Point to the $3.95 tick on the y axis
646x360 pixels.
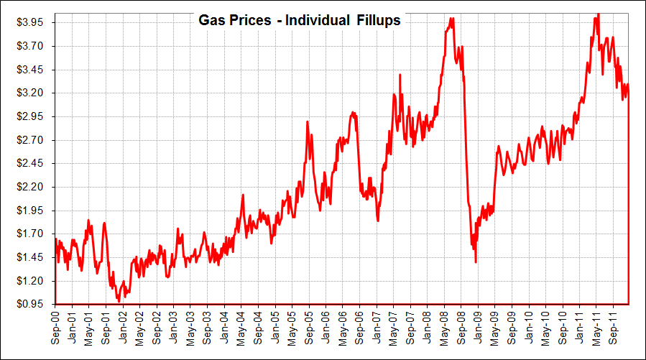pyautogui.click(x=30, y=23)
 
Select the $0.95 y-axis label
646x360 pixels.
pyautogui.click(x=30, y=304)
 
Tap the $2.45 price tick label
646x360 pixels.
pyautogui.click(x=30, y=163)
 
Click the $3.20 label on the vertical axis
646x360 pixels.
pyautogui.click(x=30, y=93)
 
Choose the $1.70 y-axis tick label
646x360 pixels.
pyautogui.click(x=30, y=234)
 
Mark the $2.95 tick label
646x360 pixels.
pyautogui.click(x=30, y=116)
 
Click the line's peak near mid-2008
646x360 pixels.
pyautogui.click(x=451, y=18)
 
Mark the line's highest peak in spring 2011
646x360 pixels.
pyautogui.click(x=597, y=14)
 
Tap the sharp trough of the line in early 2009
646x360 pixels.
pyautogui.click(x=476, y=262)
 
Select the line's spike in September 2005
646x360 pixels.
pyautogui.click(x=308, y=122)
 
